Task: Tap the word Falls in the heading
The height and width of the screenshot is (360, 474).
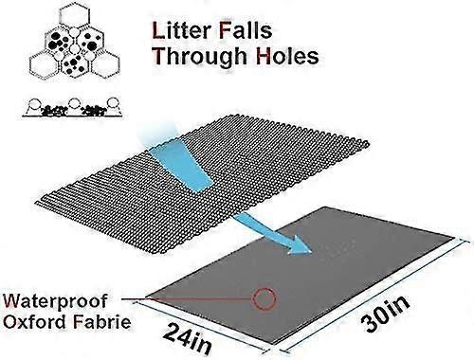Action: coord(246,30)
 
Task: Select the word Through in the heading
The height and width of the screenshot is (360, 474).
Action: coord(200,57)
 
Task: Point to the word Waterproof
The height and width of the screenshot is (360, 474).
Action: coord(55,302)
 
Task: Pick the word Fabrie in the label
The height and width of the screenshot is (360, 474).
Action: coord(102,322)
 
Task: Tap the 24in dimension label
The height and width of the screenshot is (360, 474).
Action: coord(187,338)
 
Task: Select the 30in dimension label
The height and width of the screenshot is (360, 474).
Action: coord(385,314)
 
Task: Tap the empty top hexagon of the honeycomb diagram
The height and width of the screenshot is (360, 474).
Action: coord(74,15)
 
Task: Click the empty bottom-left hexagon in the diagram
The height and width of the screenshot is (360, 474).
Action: coord(45,65)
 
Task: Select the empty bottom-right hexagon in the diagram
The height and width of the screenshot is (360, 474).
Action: coord(106,65)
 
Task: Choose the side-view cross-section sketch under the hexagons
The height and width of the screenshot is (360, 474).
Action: coord(72,108)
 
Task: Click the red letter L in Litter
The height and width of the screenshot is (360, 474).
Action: coord(158,31)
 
